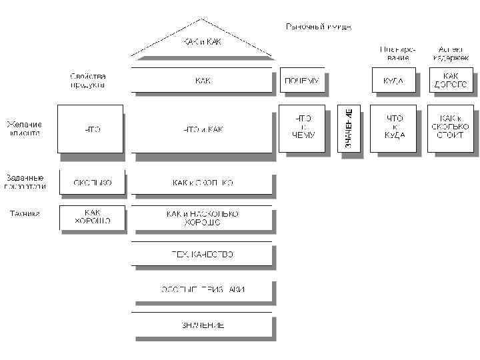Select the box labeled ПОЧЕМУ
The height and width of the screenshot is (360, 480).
pyautogui.click(x=301, y=81)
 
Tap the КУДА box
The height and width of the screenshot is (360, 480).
pyautogui.click(x=393, y=81)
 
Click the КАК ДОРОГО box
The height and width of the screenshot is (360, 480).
pyautogui.click(x=451, y=81)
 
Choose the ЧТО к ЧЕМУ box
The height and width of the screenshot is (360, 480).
pyautogui.click(x=303, y=129)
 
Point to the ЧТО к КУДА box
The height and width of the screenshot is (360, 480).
pyautogui.click(x=395, y=129)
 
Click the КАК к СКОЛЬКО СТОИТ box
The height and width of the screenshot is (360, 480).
pyautogui.click(x=451, y=129)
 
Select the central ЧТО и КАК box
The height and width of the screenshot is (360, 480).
pyautogui.click(x=202, y=129)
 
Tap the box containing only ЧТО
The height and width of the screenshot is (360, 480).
pyautogui.click(x=91, y=129)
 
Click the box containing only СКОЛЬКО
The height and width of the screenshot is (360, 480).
pyautogui.click(x=92, y=182)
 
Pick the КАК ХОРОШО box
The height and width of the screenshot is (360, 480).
pyautogui.click(x=92, y=217)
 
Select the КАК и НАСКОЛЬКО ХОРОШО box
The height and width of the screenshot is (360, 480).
pyautogui.click(x=202, y=217)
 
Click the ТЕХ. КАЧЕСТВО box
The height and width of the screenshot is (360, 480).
pyautogui.click(x=202, y=254)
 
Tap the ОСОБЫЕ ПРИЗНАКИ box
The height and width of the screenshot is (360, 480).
pyautogui.click(x=202, y=289)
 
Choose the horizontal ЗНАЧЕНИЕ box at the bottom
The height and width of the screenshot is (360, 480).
pyautogui.click(x=202, y=325)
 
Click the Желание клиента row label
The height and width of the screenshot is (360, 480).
pyautogui.click(x=24, y=128)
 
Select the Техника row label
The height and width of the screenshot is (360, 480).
pyautogui.click(x=24, y=214)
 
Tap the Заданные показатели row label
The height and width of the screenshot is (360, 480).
pyautogui.click(x=25, y=182)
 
